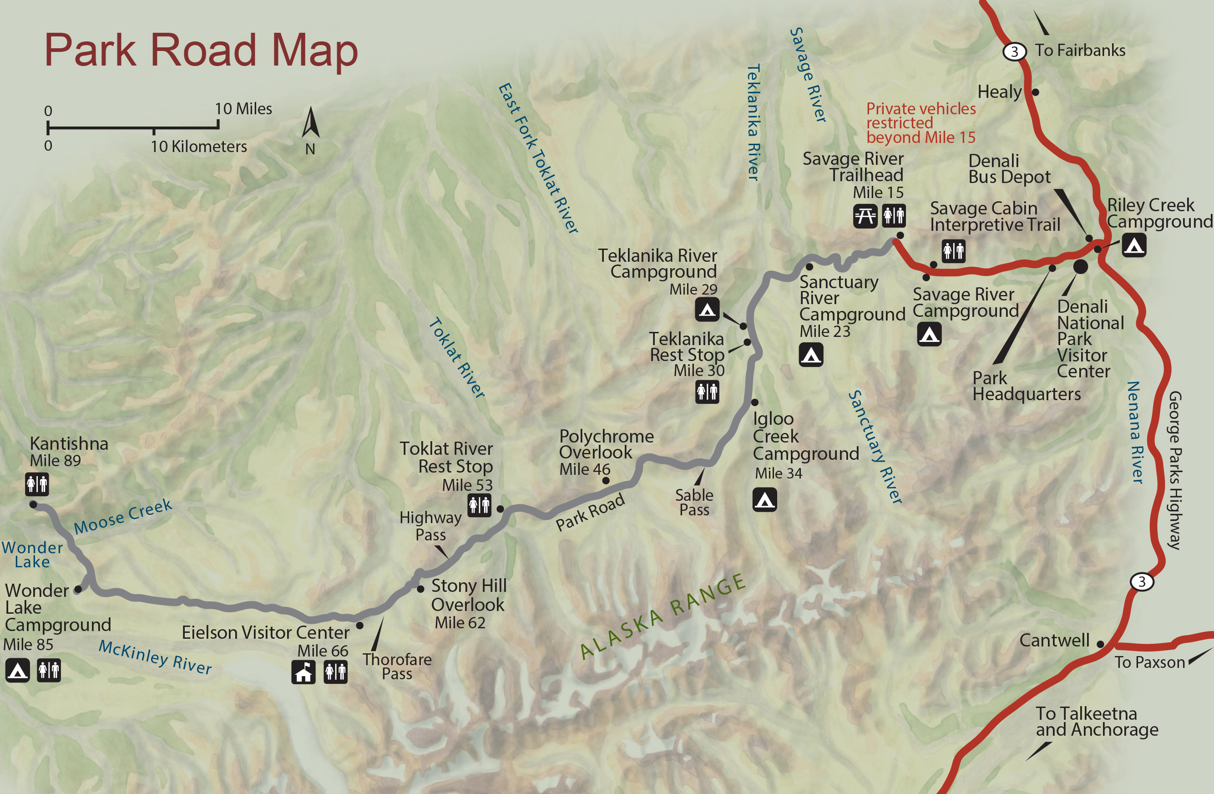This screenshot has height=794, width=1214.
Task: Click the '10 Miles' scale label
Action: (x=243, y=109)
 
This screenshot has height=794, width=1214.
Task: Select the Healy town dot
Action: (x=1036, y=92)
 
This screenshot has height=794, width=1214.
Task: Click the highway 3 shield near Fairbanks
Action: (x=1014, y=51)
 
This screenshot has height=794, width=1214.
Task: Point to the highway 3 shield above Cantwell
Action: (x=1142, y=582)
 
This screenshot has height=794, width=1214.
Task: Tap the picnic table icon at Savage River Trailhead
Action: (x=865, y=216)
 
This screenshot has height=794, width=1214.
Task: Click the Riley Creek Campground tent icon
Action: (x=1134, y=245)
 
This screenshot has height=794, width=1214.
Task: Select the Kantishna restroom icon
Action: (x=37, y=484)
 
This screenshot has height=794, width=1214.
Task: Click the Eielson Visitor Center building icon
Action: (x=303, y=672)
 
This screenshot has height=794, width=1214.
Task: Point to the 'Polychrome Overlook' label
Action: (x=606, y=444)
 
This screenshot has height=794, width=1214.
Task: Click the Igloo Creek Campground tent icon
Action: (x=764, y=500)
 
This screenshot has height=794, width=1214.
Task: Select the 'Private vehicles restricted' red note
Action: (x=921, y=123)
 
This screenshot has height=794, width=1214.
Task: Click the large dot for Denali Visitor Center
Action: (x=1080, y=266)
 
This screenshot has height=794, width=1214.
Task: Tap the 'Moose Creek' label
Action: (x=122, y=516)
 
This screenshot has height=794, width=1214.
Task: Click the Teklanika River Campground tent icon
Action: (x=707, y=309)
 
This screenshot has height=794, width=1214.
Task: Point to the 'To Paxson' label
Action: (x=1149, y=662)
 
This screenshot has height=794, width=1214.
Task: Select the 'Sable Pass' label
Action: (x=694, y=502)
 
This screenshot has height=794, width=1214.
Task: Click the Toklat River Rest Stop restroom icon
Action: (x=479, y=505)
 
